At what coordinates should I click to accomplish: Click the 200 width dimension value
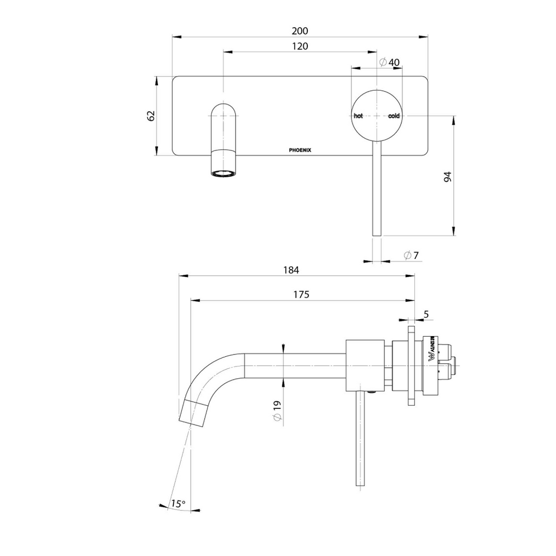pos(300,31)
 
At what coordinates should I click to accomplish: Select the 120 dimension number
pos(300,47)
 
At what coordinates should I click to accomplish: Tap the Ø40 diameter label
pos(389,62)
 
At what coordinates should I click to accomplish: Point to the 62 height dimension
pos(151,116)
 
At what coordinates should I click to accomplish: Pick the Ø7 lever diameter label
pos(411,256)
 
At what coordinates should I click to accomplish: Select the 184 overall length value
pos(292,270)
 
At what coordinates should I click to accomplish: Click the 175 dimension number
pos(301,294)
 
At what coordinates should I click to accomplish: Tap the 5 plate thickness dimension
pos(426,314)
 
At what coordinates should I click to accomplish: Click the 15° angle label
pos(178,504)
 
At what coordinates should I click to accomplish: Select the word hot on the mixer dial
pos(358,116)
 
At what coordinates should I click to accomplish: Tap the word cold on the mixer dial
pos(394,116)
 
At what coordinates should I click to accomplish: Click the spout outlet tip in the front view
pos(224,174)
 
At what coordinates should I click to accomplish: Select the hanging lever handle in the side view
pos(359,440)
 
